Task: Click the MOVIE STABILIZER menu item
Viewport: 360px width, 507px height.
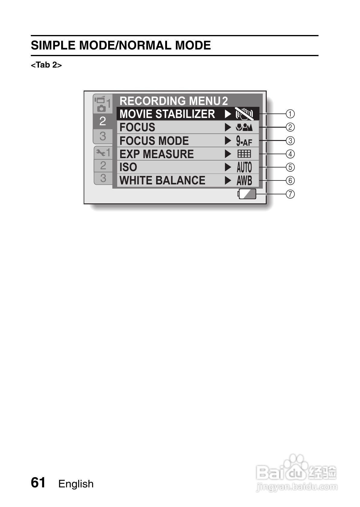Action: point(167,114)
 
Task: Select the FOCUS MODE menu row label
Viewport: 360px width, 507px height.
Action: point(154,141)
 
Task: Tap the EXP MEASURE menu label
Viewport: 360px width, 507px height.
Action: point(156,154)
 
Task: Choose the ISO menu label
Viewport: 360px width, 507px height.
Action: point(128,167)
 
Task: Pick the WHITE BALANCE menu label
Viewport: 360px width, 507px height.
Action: point(162,180)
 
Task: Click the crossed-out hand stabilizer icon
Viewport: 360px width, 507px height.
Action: point(244,114)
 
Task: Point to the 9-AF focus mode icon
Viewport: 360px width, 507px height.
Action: point(244,141)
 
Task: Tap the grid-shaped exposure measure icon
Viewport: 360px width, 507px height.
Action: point(244,154)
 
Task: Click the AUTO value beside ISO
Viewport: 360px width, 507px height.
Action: point(244,167)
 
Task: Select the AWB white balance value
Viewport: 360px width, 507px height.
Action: point(244,180)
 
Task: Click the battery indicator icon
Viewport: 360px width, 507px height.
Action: point(247,194)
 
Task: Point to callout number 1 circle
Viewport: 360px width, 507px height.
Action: point(290,114)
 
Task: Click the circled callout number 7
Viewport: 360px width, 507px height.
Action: point(290,194)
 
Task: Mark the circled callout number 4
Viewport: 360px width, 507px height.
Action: point(290,154)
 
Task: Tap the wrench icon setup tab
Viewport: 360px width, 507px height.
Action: point(103,153)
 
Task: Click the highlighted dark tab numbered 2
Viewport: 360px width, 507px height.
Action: point(103,121)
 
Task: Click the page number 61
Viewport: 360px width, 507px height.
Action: point(38,483)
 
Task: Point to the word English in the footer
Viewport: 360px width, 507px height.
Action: point(76,484)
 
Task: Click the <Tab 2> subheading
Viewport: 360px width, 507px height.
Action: point(46,65)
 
